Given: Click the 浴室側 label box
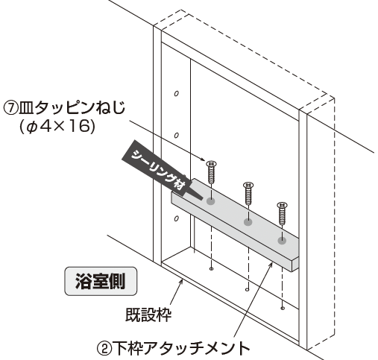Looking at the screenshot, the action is pos(101,281).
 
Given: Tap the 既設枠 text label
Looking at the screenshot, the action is pos(148,315).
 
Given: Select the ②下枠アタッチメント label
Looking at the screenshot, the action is pos(173,348).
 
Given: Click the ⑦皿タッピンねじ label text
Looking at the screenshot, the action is pos(64,108).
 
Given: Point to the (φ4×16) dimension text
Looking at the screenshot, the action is pos(57,127).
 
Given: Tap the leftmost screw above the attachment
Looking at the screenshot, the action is pos(211,172).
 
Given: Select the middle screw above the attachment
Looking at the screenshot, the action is pos(248,193).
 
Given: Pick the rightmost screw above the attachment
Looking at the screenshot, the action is pos(283,213).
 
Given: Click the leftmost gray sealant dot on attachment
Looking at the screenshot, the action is pos(211,201).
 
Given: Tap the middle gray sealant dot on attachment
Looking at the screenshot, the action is pos(248,222).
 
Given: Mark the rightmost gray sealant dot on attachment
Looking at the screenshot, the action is pos(282,241).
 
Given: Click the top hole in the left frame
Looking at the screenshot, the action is pos(177,94).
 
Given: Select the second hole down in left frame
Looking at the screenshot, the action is pos(177,136).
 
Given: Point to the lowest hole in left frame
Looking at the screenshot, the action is pos(177,218).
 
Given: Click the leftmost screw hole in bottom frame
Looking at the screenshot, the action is pos(211,269).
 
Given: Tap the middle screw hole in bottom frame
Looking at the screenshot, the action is pos(247,289).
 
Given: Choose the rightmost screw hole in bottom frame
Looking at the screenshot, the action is pos(283,309).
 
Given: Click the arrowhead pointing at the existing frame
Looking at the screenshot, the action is pos(182,282).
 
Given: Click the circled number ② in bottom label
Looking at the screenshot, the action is pos(104,349).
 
